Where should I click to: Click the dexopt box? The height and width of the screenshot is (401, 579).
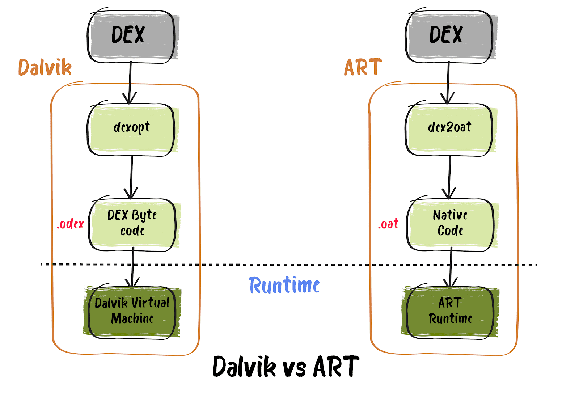click(131, 129)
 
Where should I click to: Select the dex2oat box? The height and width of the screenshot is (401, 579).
click(449, 129)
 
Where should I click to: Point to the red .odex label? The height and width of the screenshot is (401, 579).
click(70, 224)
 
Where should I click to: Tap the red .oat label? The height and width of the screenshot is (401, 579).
click(388, 224)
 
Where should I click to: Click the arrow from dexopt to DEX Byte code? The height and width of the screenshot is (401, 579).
click(131, 177)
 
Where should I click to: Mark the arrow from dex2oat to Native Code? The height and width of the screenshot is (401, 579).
click(449, 177)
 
